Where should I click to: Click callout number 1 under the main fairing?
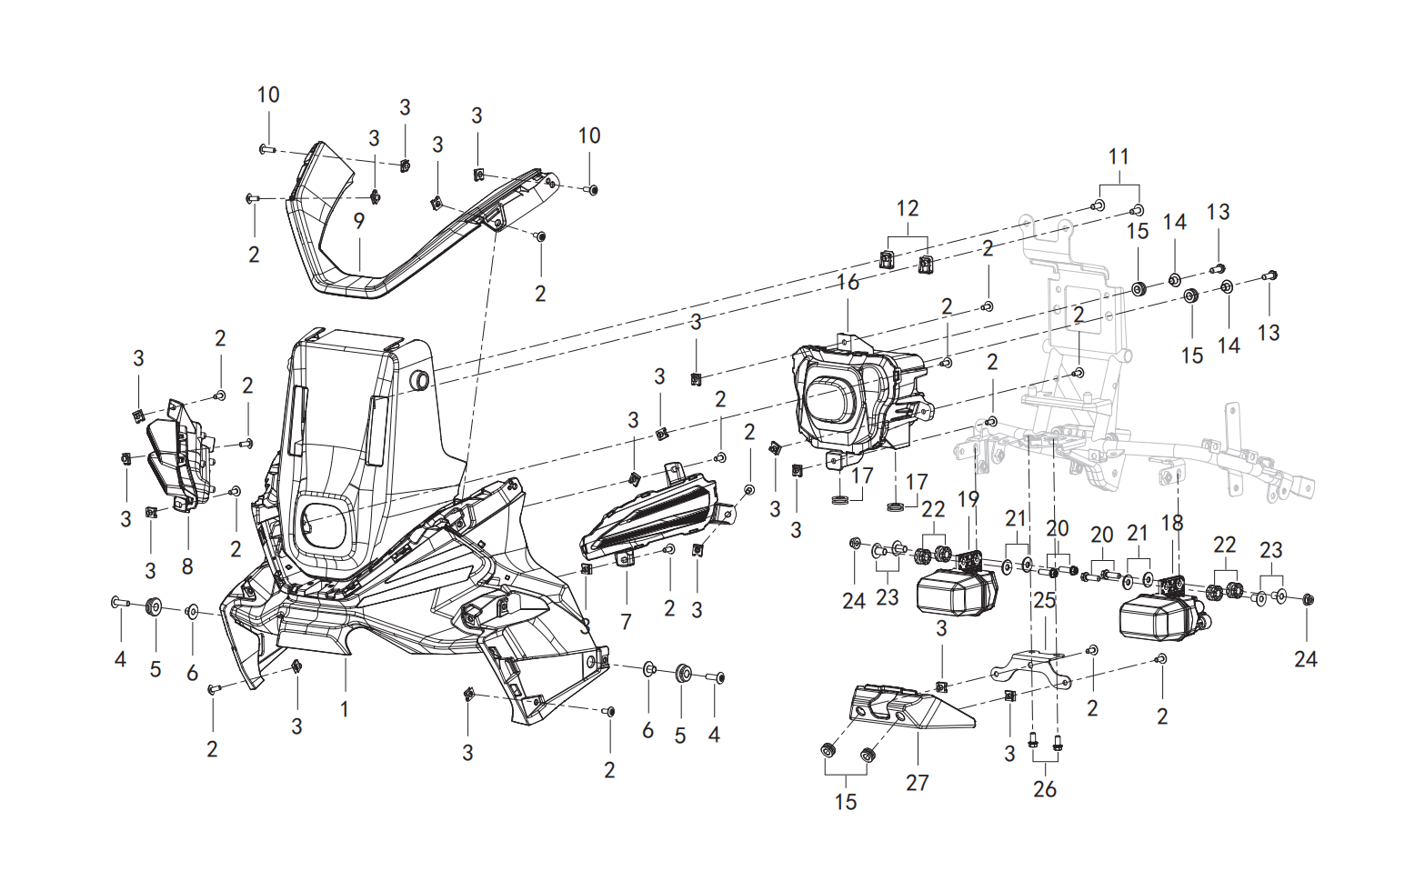[344, 708]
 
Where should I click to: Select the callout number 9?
[359, 221]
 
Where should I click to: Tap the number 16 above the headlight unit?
[848, 282]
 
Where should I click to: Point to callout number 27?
[918, 782]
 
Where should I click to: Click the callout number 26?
[1045, 788]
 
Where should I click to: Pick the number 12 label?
[908, 208]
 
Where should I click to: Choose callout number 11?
[1119, 155]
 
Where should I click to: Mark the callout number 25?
[1045, 600]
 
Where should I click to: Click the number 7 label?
[626, 621]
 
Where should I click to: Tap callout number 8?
[187, 566]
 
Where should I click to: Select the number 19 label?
[968, 499]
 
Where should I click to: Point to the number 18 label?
[1172, 523]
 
